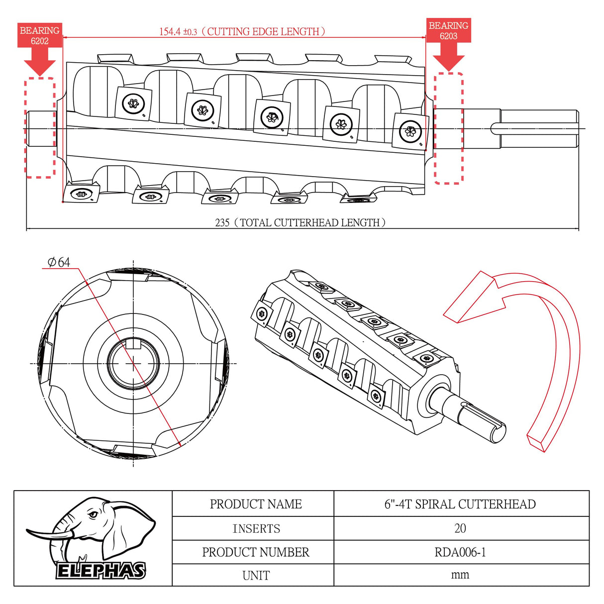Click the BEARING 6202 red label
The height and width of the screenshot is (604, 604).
pos(39,35)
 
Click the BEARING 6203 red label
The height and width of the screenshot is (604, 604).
pos(448,31)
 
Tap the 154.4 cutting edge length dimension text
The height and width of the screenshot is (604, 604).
pos(242,32)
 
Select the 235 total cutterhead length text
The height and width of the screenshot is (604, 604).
pos(300,222)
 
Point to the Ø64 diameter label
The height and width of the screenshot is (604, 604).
pos(59,262)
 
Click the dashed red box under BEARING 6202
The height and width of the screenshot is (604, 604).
pos(40,127)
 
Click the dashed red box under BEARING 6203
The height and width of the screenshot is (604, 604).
pos(449,128)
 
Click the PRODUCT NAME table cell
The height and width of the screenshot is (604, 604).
pos(256,504)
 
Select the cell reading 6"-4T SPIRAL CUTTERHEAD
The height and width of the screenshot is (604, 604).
pos(460,504)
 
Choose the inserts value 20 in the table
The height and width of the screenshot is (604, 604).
pos(460,528)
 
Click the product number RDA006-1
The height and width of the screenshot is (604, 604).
pos(460,552)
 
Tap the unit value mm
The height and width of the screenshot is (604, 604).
pos(460,575)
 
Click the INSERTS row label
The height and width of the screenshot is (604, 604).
pos(256,528)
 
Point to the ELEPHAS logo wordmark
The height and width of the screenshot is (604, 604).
pos(101,571)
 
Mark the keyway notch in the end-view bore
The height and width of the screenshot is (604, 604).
pos(133,343)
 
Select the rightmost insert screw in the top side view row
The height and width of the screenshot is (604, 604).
pos(410,132)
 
